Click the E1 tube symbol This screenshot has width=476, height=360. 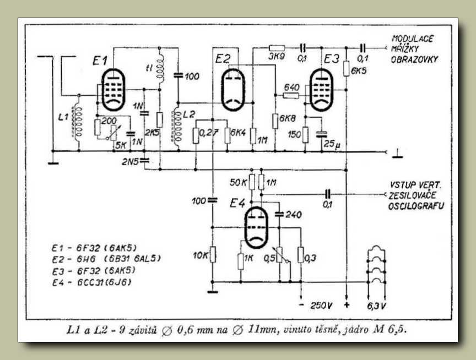point(113,90)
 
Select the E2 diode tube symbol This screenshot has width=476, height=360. point(233,90)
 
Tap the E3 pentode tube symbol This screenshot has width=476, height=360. point(321,90)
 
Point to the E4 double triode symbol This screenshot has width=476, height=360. point(257,227)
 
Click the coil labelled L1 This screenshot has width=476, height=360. point(78,123)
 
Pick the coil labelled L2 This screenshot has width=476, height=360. point(177,129)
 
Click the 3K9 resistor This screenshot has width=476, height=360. point(277,48)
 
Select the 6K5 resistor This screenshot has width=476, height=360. point(346,69)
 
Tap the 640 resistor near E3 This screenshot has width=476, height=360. point(291,96)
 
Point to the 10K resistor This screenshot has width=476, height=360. point(213,254)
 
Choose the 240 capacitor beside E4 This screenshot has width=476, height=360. point(279,215)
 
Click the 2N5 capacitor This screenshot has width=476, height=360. point(144,160)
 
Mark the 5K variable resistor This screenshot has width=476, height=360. point(113,133)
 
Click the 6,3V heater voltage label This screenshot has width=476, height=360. point(376,306)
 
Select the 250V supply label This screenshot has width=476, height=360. point(321,306)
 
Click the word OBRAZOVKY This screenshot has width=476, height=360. point(414,59)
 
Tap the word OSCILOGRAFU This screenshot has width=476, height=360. point(416,206)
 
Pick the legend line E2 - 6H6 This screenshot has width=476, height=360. point(106,259)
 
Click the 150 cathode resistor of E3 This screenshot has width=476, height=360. point(305,135)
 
